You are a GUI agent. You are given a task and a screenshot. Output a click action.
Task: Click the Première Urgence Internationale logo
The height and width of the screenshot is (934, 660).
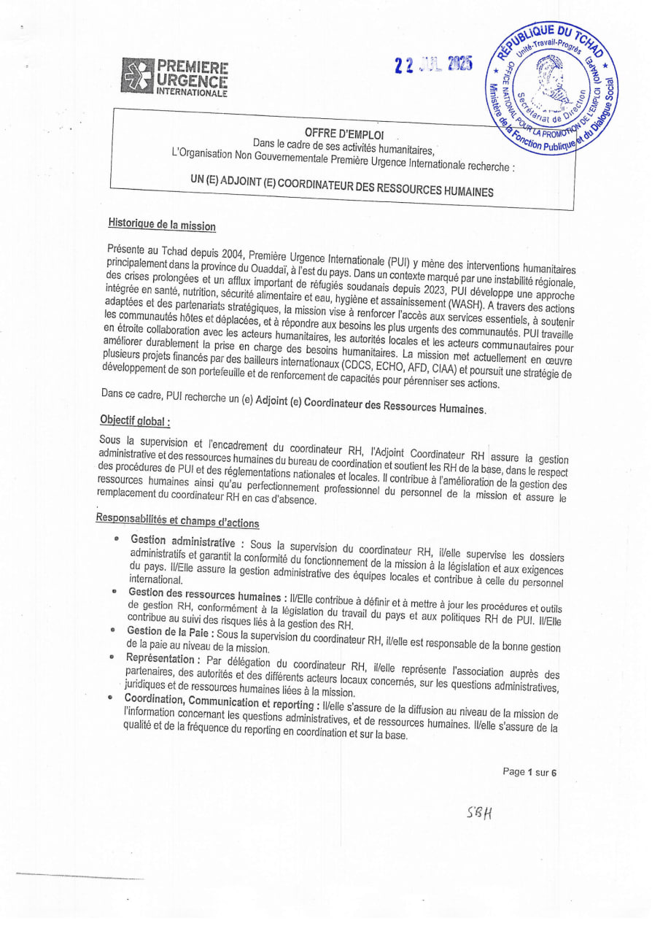point(174,77)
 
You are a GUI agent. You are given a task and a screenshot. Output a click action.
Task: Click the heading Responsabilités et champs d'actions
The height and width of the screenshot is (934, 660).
point(177,521)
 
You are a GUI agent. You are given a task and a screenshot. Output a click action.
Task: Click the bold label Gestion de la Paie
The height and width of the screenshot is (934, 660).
point(168,632)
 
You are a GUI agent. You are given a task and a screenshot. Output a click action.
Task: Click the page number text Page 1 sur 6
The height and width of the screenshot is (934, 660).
point(529,773)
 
